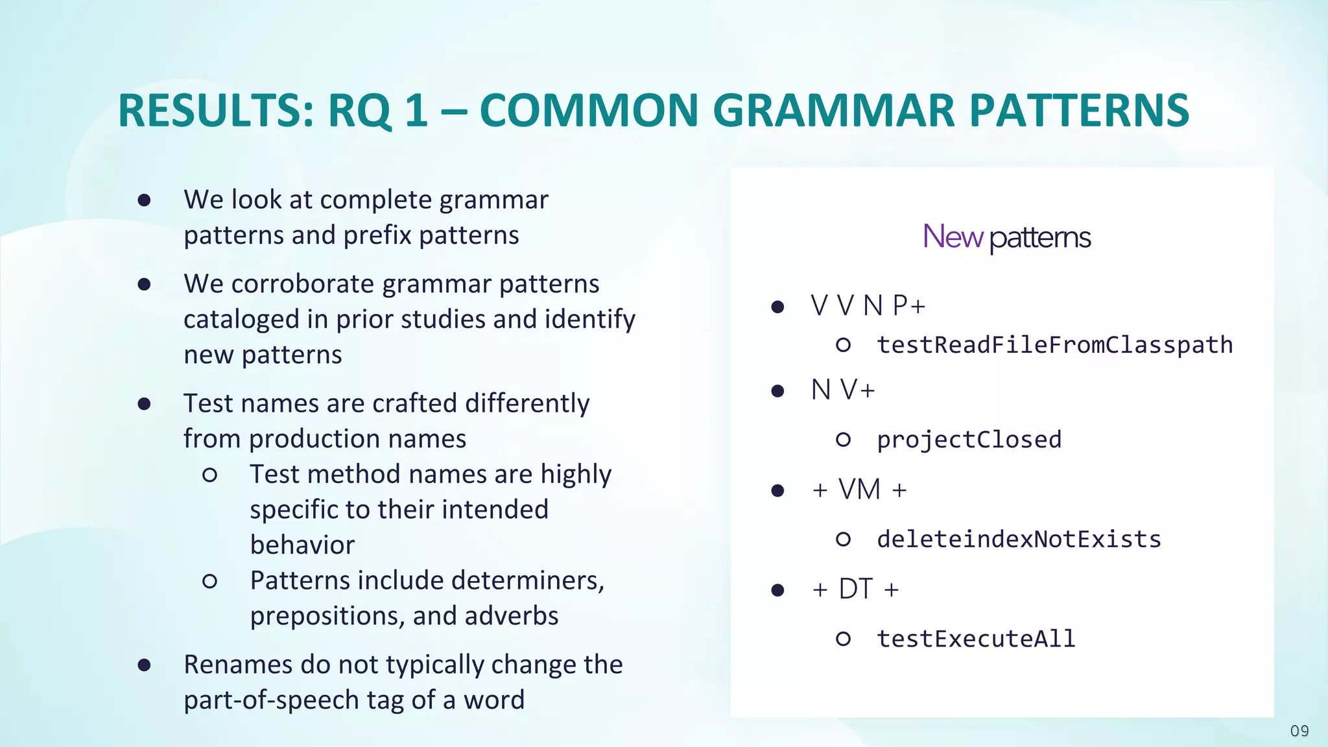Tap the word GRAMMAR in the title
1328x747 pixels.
click(834, 110)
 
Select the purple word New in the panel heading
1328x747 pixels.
click(953, 237)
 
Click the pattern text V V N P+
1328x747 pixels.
click(868, 305)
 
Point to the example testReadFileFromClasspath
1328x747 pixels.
click(1054, 345)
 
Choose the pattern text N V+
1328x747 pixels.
click(843, 390)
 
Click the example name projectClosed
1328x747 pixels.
click(969, 440)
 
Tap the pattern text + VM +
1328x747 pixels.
click(859, 490)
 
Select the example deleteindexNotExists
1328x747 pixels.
click(1019, 539)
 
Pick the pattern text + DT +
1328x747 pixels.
click(855, 589)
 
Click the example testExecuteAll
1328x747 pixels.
click(976, 639)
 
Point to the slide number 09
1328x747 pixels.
click(1299, 731)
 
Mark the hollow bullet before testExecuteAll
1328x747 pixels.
click(843, 639)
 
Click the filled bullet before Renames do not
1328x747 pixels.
click(144, 665)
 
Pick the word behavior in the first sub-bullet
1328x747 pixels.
click(302, 545)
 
